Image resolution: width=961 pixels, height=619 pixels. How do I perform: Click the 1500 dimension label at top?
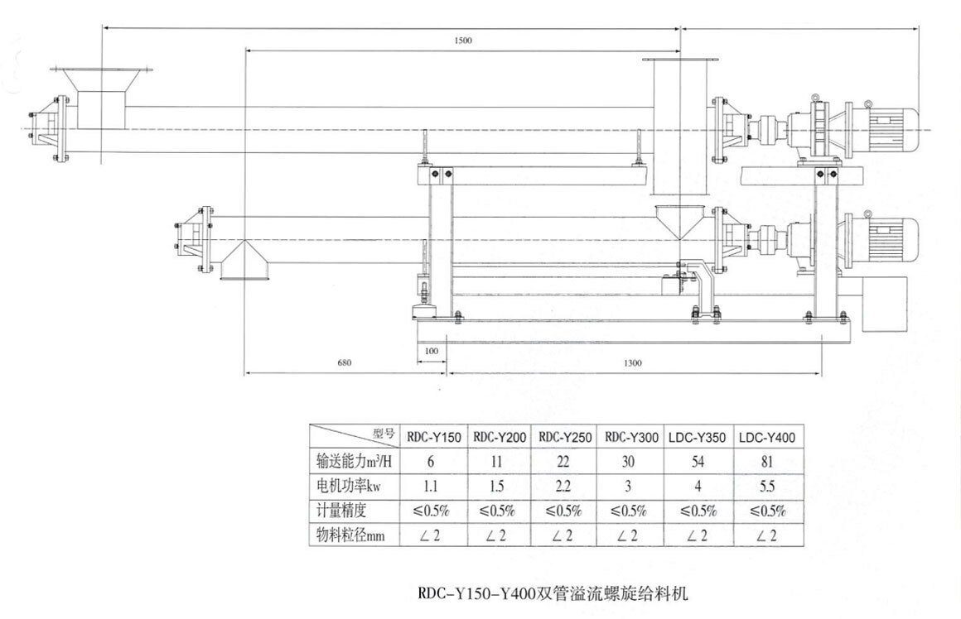click(463, 41)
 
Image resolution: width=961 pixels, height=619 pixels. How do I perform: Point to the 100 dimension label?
click(431, 351)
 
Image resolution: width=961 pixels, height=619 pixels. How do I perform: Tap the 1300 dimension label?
click(632, 362)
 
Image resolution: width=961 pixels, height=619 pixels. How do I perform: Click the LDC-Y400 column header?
click(765, 437)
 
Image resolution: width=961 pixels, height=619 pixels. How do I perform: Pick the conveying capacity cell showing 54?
click(698, 462)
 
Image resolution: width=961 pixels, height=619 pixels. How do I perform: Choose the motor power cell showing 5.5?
click(765, 487)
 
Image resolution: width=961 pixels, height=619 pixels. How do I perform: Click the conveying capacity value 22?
click(565, 462)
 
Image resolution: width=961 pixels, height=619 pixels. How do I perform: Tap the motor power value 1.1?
click(432, 487)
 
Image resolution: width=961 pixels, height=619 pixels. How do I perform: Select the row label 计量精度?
click(341, 511)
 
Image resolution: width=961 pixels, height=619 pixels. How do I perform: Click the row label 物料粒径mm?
click(351, 535)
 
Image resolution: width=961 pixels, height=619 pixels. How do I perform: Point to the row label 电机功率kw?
click(350, 487)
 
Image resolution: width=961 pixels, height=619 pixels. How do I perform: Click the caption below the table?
click(553, 593)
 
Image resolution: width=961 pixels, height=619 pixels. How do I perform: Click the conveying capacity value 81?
click(765, 462)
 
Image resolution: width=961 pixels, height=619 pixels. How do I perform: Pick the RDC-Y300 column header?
click(631, 437)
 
